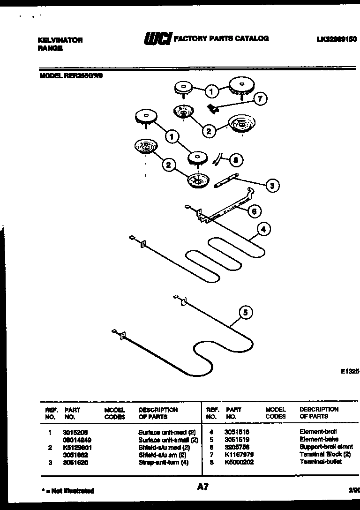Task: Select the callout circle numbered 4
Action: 263,230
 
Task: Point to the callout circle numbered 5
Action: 246,312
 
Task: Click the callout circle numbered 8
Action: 236,160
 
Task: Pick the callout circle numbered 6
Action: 254,211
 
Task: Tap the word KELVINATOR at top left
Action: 60,40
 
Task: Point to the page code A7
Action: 202,487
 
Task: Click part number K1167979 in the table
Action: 239,454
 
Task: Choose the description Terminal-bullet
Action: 321,462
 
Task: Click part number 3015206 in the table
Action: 75,432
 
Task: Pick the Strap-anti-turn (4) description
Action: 163,462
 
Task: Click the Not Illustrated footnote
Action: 67,491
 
